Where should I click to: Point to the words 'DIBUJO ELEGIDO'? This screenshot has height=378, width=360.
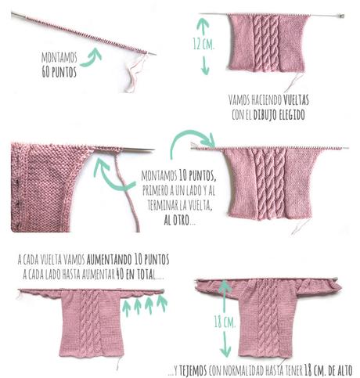277,114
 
